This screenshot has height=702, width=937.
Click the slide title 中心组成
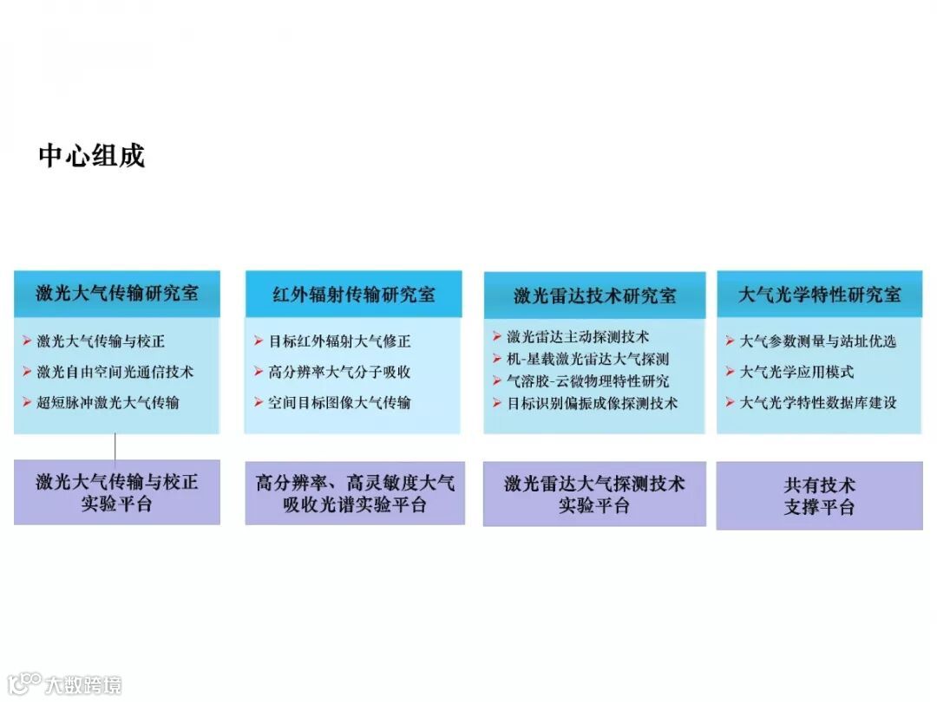coord(91,156)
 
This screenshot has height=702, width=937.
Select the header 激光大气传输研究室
coord(117,293)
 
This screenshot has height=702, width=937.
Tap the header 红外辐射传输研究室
coord(353,295)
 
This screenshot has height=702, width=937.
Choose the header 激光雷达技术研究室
coord(594,296)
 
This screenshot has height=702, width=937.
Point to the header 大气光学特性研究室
coord(819,295)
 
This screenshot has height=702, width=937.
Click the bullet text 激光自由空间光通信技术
coord(115,372)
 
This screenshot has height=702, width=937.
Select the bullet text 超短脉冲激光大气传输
coord(108,402)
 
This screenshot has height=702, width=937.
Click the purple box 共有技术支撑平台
coord(819,496)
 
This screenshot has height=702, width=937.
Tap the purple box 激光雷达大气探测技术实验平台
coord(594,494)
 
